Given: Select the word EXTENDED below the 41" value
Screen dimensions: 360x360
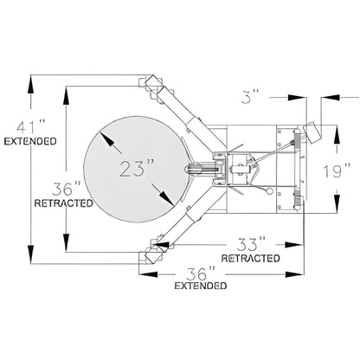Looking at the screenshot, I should click(30, 140).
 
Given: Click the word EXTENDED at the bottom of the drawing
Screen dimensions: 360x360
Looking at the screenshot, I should click(201, 286).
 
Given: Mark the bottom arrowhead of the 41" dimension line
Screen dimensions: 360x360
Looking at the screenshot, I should click(32, 264).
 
